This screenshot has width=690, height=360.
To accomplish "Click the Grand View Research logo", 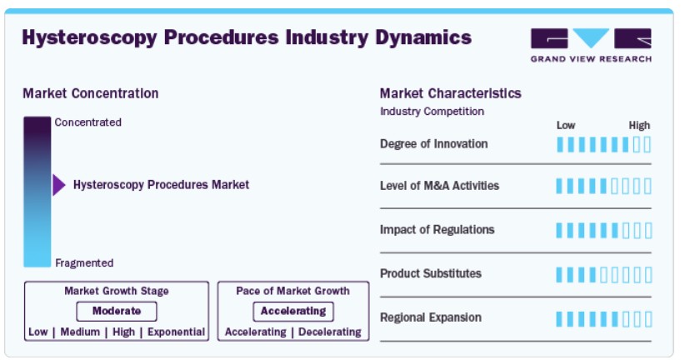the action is point(591,45).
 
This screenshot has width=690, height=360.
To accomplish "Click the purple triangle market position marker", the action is point(59,185).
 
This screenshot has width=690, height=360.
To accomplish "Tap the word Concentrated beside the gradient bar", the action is point(88,122).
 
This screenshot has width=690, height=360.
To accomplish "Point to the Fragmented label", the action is point(84,263).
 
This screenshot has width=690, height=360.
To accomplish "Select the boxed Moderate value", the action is point(117,311).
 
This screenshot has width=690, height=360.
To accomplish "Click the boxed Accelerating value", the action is point(293,311).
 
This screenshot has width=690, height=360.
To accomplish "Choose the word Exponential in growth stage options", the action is point(176,332).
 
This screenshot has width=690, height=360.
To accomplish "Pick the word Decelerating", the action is point(330,332).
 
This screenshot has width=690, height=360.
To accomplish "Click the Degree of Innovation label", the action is point(434,144).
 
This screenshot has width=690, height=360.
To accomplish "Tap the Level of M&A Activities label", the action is point(440,186).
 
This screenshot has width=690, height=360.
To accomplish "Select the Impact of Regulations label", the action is point(437,230).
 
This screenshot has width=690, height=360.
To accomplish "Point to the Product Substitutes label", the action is point(431,273).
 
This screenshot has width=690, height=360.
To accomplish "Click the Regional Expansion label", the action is point(431,317).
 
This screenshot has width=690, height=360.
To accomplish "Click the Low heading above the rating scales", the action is point(566,126).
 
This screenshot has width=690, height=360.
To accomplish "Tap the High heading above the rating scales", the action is point(639,126).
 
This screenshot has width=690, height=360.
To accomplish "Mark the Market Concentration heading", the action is point(91,93).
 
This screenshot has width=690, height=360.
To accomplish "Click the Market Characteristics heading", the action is point(451,93).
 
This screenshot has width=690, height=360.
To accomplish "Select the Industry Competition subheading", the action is point(432,112).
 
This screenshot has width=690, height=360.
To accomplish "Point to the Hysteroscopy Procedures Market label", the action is point(161,185).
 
